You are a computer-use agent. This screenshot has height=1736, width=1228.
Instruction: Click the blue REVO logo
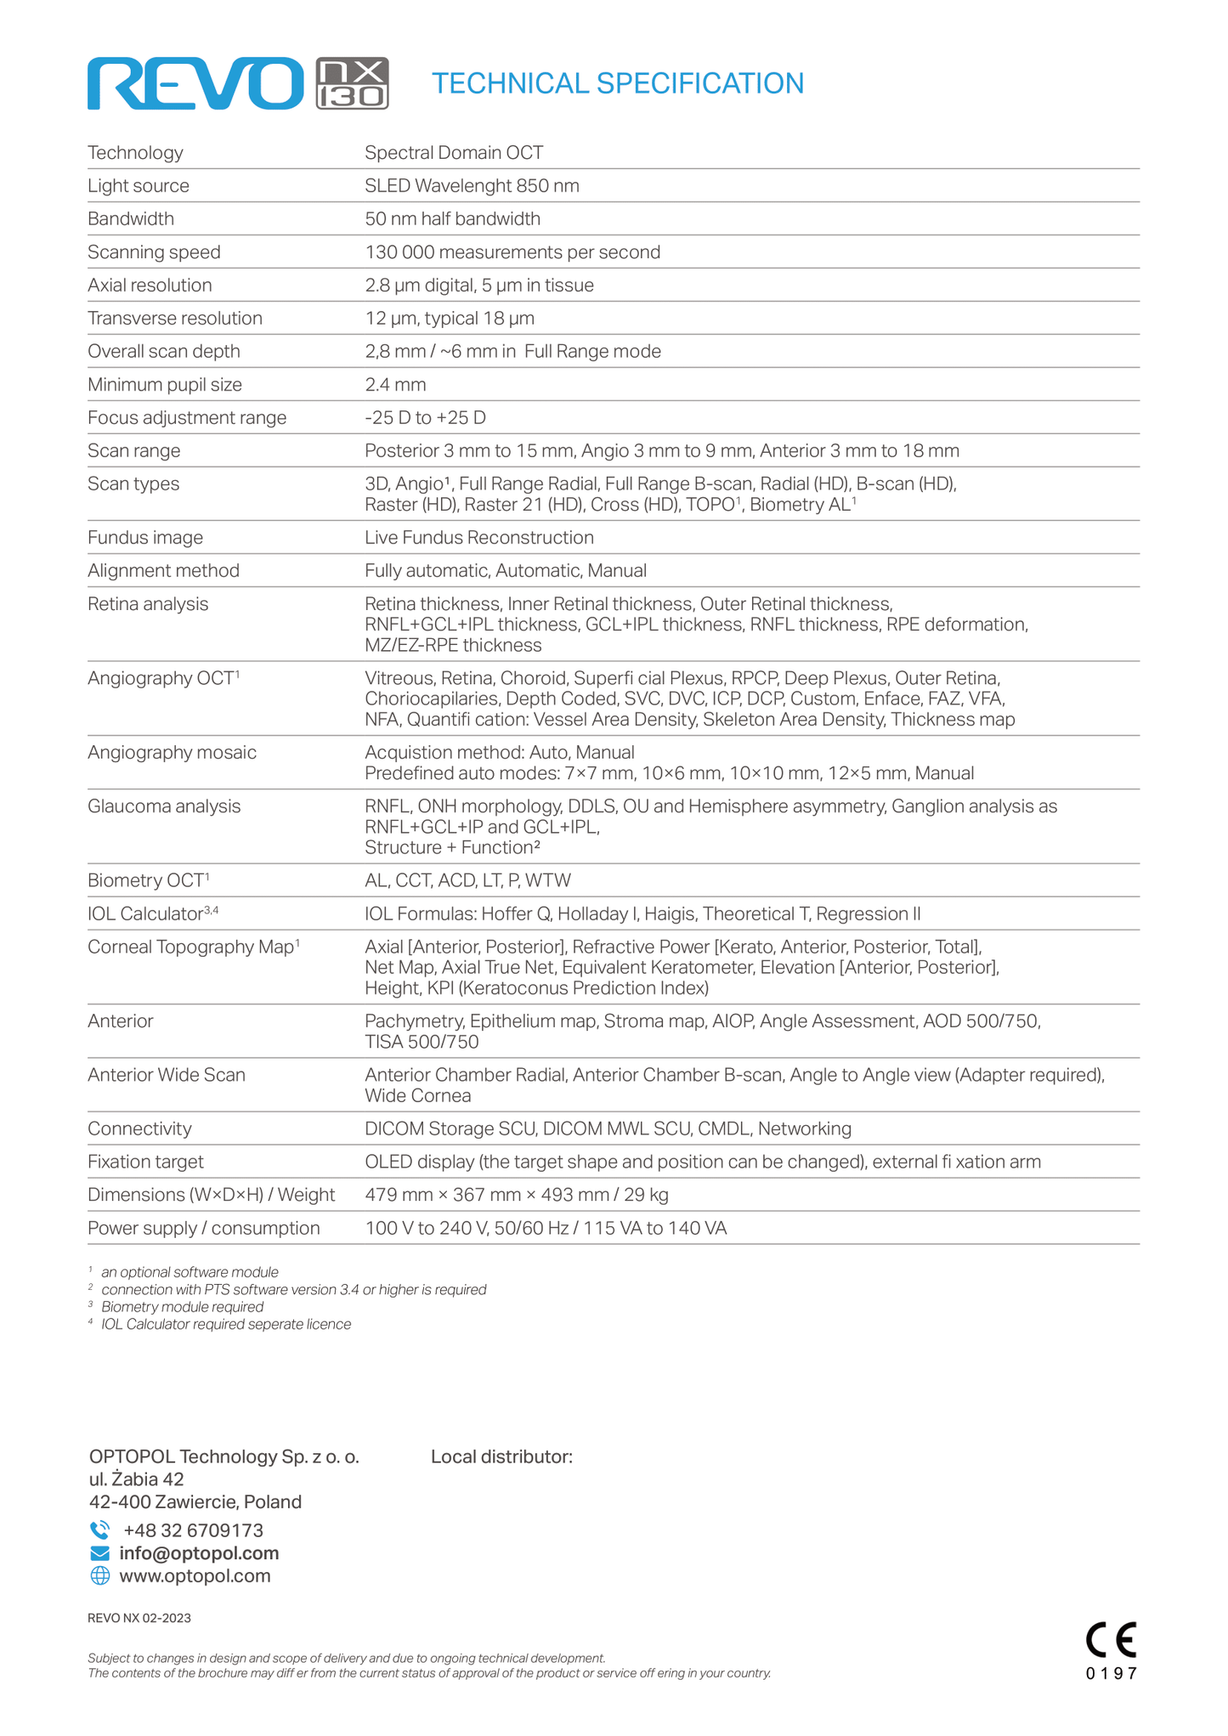pyautogui.click(x=195, y=83)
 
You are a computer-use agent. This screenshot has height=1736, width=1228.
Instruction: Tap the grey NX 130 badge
pyautogui.click(x=352, y=83)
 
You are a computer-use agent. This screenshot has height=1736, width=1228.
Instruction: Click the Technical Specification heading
pyautogui.click(x=617, y=83)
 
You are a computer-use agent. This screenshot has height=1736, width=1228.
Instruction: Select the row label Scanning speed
pyautogui.click(x=154, y=252)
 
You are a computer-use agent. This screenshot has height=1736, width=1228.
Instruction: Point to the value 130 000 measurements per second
pyautogui.click(x=512, y=252)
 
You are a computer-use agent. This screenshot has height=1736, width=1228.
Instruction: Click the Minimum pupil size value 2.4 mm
pyautogui.click(x=395, y=385)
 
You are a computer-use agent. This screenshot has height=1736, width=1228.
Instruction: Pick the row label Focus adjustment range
pyautogui.click(x=187, y=418)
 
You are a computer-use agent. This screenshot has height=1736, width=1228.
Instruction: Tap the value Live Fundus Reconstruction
pyautogui.click(x=479, y=538)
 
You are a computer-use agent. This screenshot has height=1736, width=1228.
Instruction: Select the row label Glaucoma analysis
pyautogui.click(x=164, y=806)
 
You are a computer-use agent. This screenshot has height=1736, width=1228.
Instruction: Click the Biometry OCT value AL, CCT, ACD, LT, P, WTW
pyautogui.click(x=467, y=880)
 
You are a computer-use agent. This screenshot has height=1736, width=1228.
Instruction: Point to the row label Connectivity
pyautogui.click(x=139, y=1128)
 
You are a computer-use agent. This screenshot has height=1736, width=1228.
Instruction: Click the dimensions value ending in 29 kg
pyautogui.click(x=517, y=1195)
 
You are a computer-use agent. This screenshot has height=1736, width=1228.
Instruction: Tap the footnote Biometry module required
pyautogui.click(x=182, y=1307)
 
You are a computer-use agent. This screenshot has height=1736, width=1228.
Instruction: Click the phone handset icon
pyautogui.click(x=99, y=1530)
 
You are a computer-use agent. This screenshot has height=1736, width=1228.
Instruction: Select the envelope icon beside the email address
pyautogui.click(x=99, y=1553)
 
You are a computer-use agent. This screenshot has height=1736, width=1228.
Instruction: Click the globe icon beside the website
pyautogui.click(x=99, y=1576)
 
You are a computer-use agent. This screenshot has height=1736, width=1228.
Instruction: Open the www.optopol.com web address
pyautogui.click(x=195, y=1576)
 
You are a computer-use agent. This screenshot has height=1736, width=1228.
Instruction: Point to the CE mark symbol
pyautogui.click(x=1111, y=1640)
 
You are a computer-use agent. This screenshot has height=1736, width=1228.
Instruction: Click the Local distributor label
pyautogui.click(x=501, y=1456)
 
